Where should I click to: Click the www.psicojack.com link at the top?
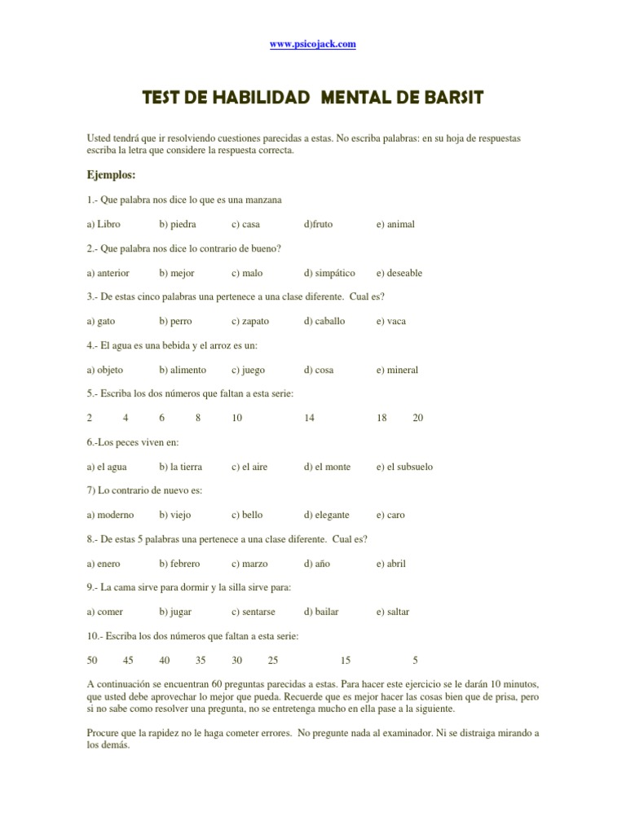click(313, 44)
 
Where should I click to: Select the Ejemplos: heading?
click(111, 174)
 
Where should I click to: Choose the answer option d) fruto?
click(318, 224)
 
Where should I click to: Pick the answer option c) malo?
click(247, 273)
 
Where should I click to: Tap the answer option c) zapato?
click(250, 321)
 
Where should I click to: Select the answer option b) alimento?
click(183, 370)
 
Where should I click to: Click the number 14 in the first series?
click(309, 418)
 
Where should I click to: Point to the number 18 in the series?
click(381, 418)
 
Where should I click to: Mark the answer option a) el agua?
click(107, 467)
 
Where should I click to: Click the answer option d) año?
click(318, 564)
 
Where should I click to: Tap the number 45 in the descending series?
click(128, 660)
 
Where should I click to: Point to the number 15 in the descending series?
click(346, 660)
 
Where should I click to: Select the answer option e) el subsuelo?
click(404, 467)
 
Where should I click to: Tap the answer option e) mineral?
click(397, 370)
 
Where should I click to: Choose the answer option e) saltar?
click(393, 612)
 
